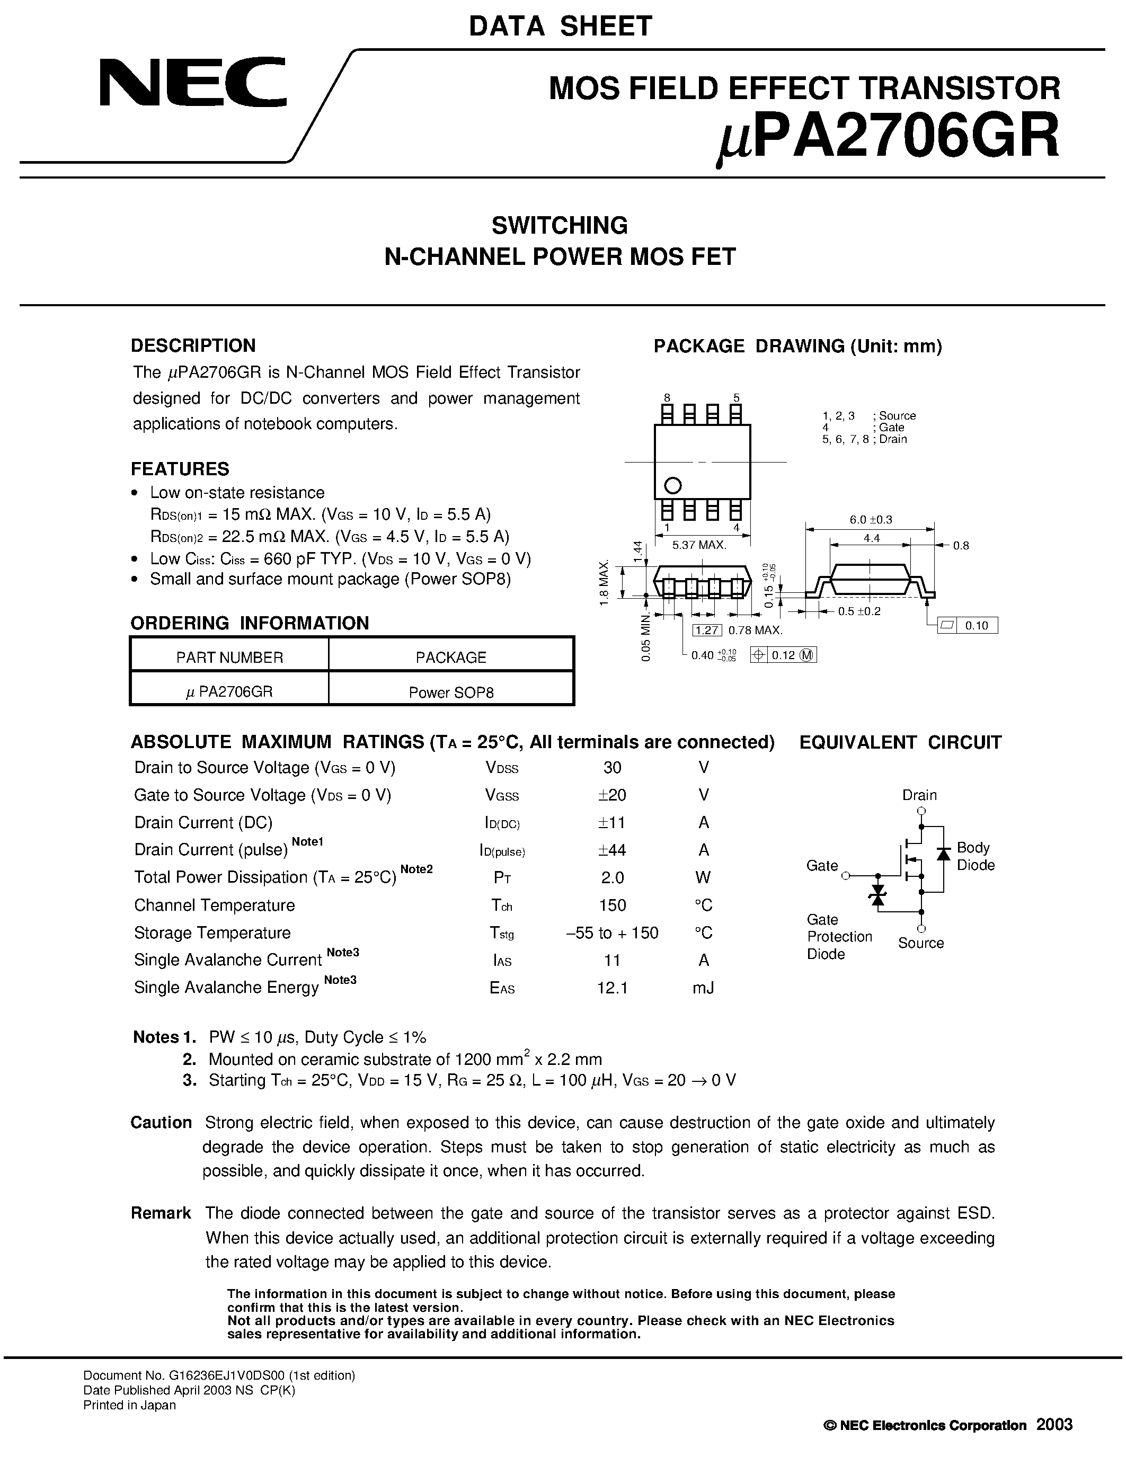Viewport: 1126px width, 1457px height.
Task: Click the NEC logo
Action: [x=193, y=82]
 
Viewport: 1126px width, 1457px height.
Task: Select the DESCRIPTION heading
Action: [x=193, y=345]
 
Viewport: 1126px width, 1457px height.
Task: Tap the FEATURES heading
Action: [x=180, y=469]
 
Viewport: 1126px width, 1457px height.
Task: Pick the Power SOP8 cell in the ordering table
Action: [x=451, y=692]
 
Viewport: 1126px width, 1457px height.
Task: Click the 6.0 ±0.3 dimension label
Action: [x=871, y=520]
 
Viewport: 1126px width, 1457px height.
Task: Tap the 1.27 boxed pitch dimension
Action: [x=706, y=630]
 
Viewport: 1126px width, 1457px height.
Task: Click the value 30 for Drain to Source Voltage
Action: [x=613, y=768]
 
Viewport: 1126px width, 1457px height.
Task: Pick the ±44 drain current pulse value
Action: [x=613, y=850]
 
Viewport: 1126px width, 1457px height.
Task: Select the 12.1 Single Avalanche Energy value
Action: [x=613, y=988]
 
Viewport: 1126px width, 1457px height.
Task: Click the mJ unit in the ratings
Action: [x=704, y=988]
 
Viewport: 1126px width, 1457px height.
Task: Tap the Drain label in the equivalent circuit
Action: [x=919, y=795]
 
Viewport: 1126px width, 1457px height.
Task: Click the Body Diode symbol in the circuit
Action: [x=943, y=854]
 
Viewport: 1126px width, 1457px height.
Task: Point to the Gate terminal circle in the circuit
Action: [x=846, y=876]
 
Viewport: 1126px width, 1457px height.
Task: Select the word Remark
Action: [x=161, y=1213]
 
